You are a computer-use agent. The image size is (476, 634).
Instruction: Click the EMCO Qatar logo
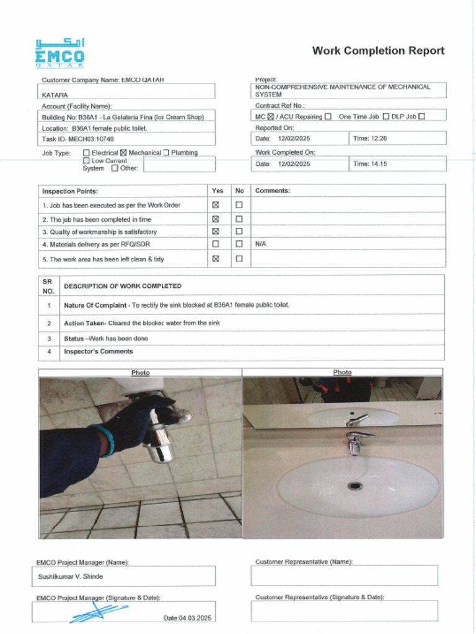(x=59, y=54)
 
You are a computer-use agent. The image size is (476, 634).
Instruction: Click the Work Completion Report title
(x=378, y=51)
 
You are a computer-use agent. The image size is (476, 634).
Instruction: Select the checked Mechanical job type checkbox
(x=123, y=153)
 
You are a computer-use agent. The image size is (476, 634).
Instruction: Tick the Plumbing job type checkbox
(x=166, y=153)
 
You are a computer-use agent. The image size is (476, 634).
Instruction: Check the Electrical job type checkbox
(x=86, y=153)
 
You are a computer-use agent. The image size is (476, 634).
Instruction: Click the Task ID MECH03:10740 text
(x=78, y=139)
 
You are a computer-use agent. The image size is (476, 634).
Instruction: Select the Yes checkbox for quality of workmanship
(x=216, y=232)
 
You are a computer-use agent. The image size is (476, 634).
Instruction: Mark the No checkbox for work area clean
(x=239, y=259)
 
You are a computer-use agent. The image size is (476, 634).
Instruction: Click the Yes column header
(x=218, y=191)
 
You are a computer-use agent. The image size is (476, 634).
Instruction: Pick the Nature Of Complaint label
(x=96, y=305)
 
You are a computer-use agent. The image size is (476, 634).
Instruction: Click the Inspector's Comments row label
(x=99, y=352)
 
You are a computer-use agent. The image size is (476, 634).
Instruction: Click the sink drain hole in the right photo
(x=355, y=486)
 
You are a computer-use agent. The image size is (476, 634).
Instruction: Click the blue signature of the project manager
(x=96, y=612)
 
